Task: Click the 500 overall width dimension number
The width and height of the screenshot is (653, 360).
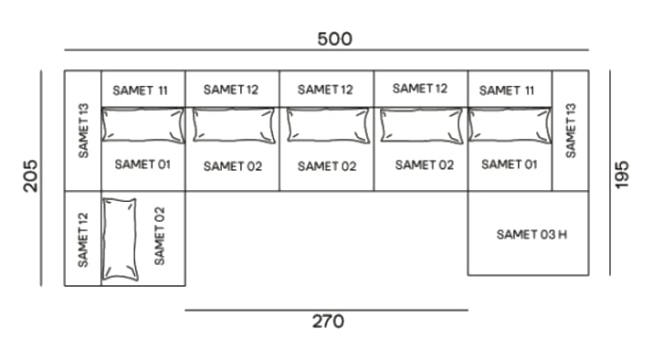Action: (334, 39)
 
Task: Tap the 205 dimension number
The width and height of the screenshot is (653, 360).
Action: (31, 175)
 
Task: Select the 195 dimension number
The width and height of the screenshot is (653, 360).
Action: (624, 174)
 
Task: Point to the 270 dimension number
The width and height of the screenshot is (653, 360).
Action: (328, 322)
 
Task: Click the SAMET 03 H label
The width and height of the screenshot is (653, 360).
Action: (532, 235)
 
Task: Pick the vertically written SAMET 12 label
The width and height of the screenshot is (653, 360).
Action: (83, 239)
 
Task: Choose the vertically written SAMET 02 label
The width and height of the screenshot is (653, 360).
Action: (161, 236)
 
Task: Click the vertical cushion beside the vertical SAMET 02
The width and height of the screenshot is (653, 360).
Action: (121, 238)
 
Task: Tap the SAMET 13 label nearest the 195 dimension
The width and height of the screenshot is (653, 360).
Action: (572, 129)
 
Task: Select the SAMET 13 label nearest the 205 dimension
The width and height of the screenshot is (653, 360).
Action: (83, 130)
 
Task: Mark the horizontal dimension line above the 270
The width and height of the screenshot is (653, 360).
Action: (326, 310)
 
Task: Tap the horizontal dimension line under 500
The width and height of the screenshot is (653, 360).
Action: (326, 49)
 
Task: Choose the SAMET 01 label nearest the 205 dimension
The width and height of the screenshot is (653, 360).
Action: (142, 164)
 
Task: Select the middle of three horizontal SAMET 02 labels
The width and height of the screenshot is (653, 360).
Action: (327, 166)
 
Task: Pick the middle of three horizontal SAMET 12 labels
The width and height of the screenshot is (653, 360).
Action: (325, 90)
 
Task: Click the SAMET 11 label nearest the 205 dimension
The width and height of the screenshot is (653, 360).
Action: (141, 90)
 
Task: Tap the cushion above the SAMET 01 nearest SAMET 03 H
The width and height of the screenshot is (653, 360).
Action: (511, 125)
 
